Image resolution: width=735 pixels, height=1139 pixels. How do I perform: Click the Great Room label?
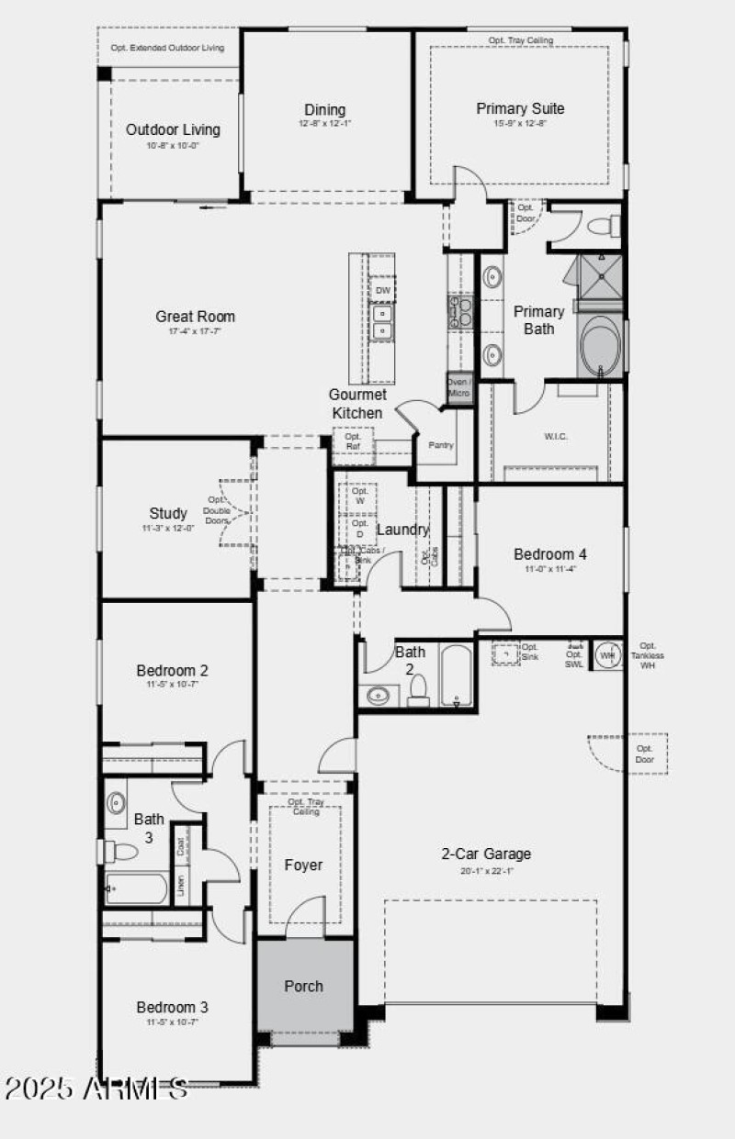(195, 317)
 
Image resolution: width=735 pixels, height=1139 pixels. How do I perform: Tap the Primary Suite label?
(520, 108)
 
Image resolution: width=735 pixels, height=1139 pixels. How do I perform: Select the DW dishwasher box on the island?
(382, 290)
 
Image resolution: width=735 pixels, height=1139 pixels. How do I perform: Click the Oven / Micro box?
(458, 387)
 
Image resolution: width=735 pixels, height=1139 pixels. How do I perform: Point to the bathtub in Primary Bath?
(601, 347)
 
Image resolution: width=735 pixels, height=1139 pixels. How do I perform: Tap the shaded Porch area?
(303, 986)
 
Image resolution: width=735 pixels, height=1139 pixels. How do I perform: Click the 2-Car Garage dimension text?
(486, 870)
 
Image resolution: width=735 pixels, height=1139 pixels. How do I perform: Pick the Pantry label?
(441, 445)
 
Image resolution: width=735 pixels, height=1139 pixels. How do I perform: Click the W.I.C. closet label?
(555, 436)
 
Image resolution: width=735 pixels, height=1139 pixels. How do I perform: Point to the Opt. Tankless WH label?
(648, 655)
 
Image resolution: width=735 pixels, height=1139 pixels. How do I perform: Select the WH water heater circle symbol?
(606, 655)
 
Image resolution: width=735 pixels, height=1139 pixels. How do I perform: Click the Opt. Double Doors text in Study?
(217, 510)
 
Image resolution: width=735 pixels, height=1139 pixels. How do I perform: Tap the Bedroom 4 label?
(550, 553)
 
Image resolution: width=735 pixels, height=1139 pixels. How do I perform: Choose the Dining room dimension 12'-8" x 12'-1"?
(324, 124)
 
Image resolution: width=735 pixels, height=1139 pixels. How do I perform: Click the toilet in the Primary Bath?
(603, 226)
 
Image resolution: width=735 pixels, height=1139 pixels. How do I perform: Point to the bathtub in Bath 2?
(456, 676)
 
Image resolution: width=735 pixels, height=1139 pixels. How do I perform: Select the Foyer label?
(303, 865)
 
